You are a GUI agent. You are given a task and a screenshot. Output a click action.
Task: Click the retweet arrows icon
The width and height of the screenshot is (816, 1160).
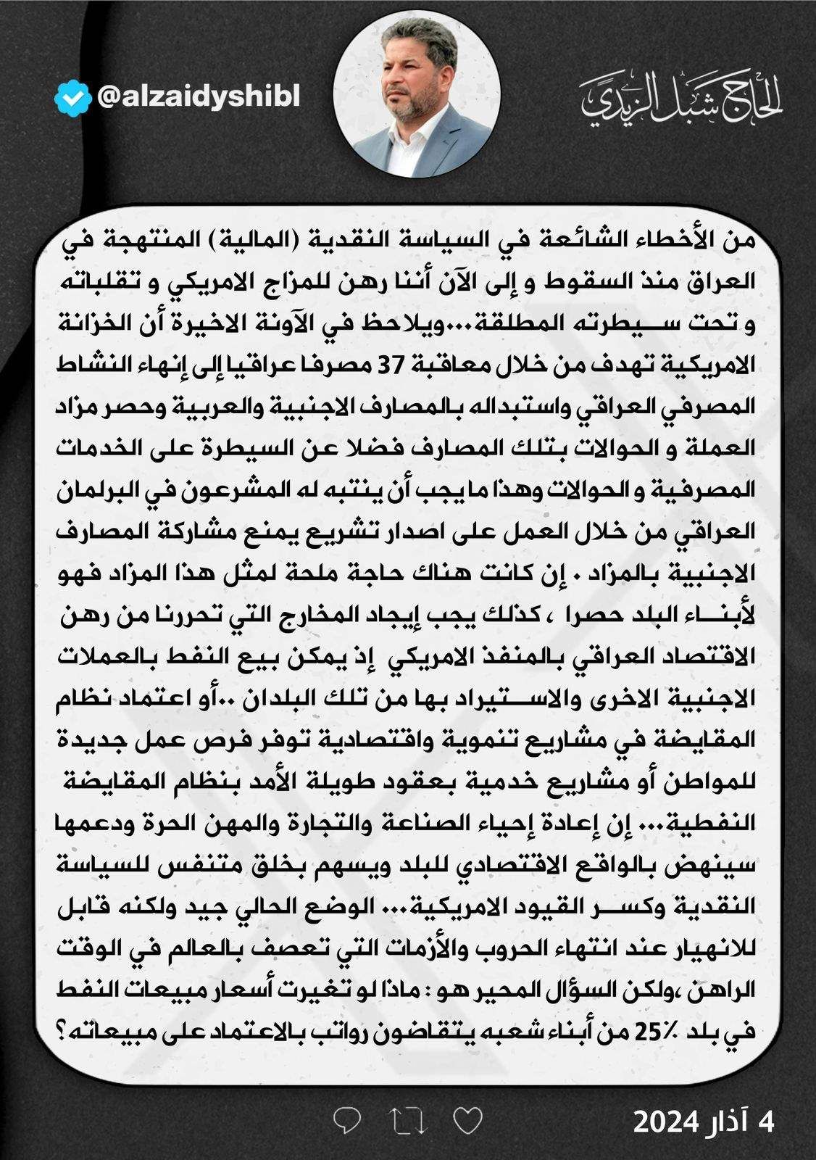pos(408,1121)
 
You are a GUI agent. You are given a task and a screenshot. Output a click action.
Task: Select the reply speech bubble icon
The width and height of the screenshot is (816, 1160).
pos(348,1121)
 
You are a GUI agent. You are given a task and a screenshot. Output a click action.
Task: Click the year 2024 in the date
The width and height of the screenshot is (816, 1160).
pos(666,1122)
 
